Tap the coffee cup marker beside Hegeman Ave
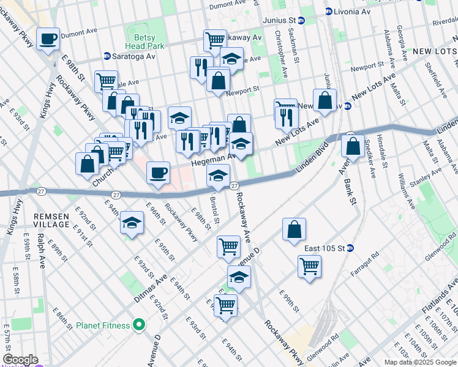click(159, 173)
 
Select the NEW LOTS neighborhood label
click(434, 51)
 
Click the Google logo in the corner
click(20, 360)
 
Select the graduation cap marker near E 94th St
click(132, 224)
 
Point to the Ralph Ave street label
click(40, 251)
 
